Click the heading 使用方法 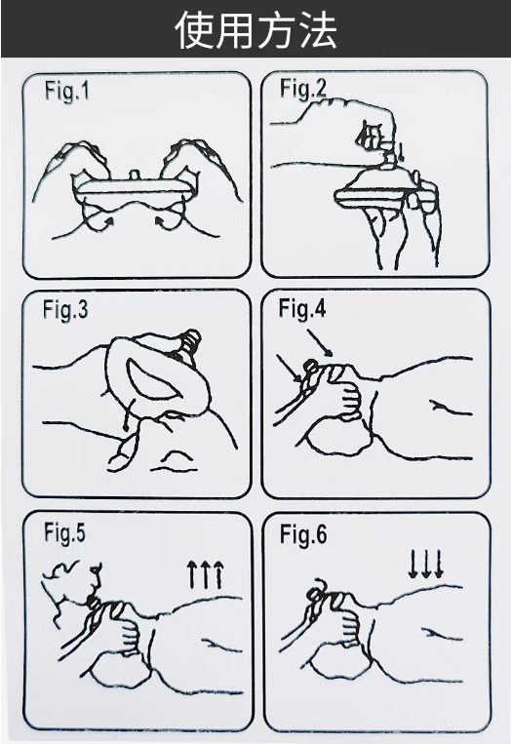[x=256, y=30]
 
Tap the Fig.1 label [x=67, y=91]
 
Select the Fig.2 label [x=302, y=89]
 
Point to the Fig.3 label [x=65, y=309]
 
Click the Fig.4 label [x=302, y=308]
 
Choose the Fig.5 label [x=65, y=532]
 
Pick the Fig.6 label [x=303, y=534]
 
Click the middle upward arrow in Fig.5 [x=205, y=573]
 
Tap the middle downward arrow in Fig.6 [x=426, y=565]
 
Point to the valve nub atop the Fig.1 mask [x=136, y=176]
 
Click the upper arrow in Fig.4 [x=319, y=342]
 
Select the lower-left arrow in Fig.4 [x=289, y=368]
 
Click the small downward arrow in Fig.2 [x=403, y=152]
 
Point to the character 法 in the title [x=318, y=30]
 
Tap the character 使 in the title [x=194, y=30]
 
